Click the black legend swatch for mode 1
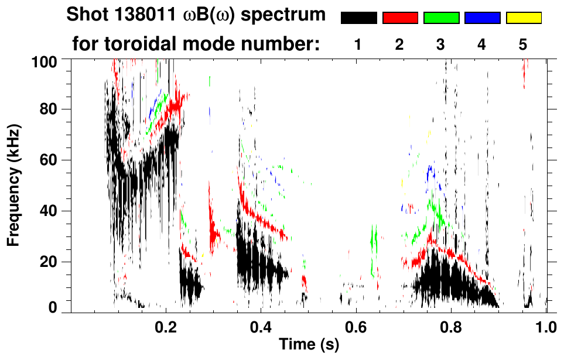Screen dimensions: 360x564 [358, 18]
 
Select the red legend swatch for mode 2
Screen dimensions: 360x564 [400, 18]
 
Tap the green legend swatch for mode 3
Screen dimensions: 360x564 [441, 18]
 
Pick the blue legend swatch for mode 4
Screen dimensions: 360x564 [482, 18]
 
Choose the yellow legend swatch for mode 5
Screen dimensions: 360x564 [524, 18]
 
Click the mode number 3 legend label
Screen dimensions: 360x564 [441, 44]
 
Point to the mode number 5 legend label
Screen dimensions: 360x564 [523, 44]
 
